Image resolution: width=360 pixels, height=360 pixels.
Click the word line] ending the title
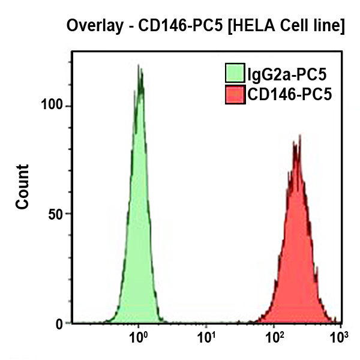coord(328,26)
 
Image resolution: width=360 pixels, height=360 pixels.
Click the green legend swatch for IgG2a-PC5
coord(235,74)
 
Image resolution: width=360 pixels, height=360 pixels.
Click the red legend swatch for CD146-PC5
coord(235,94)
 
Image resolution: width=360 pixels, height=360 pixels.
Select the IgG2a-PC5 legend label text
coord(287,74)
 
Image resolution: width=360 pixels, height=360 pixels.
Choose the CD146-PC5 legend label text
coord(289,94)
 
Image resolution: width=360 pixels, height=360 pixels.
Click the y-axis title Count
coord(22,186)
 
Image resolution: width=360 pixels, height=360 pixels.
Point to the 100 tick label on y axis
coord(53,106)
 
